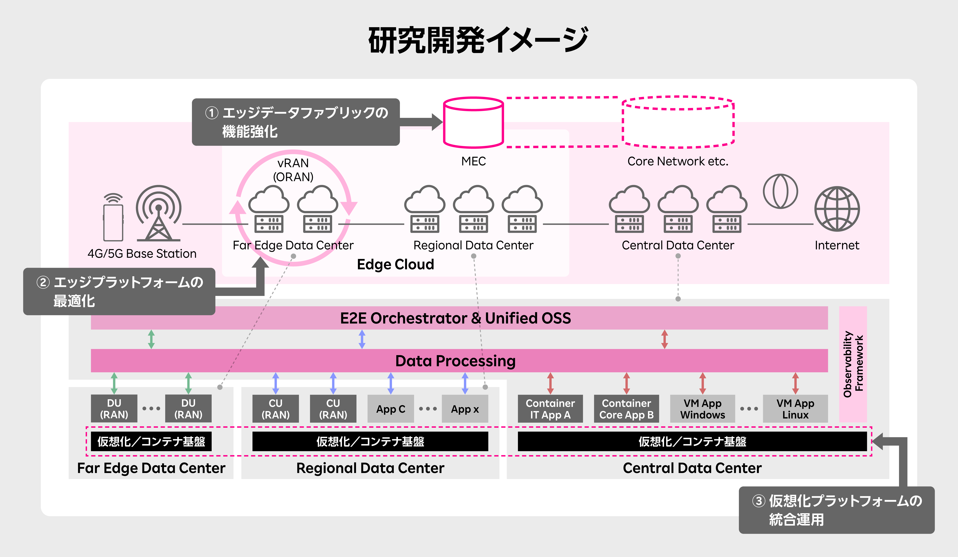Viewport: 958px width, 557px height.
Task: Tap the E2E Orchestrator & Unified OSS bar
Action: click(459, 318)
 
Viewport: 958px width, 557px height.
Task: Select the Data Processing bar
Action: click(459, 360)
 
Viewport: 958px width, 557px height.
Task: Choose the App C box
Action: click(390, 409)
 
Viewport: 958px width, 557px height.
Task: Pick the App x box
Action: click(465, 409)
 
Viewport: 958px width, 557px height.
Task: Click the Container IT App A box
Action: click(550, 409)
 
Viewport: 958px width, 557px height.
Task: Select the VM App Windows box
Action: click(703, 409)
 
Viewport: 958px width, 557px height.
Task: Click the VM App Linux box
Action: click(795, 409)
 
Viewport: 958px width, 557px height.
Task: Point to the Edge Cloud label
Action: click(395, 264)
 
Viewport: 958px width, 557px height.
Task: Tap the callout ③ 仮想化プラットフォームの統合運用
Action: click(836, 510)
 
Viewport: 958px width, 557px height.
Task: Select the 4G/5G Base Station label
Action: click(142, 254)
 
